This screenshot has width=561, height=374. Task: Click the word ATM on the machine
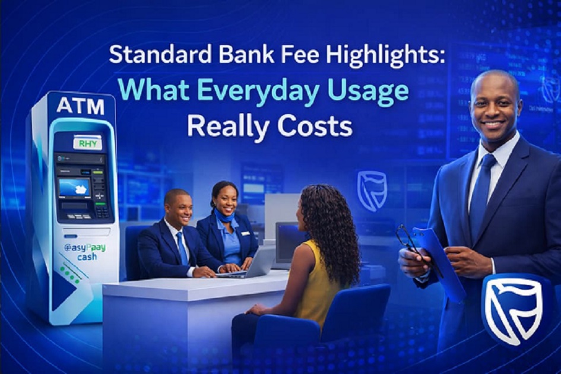coord(80,106)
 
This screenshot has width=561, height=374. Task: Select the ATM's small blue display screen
coord(75,188)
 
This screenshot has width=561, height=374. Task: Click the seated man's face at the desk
coord(178,208)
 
